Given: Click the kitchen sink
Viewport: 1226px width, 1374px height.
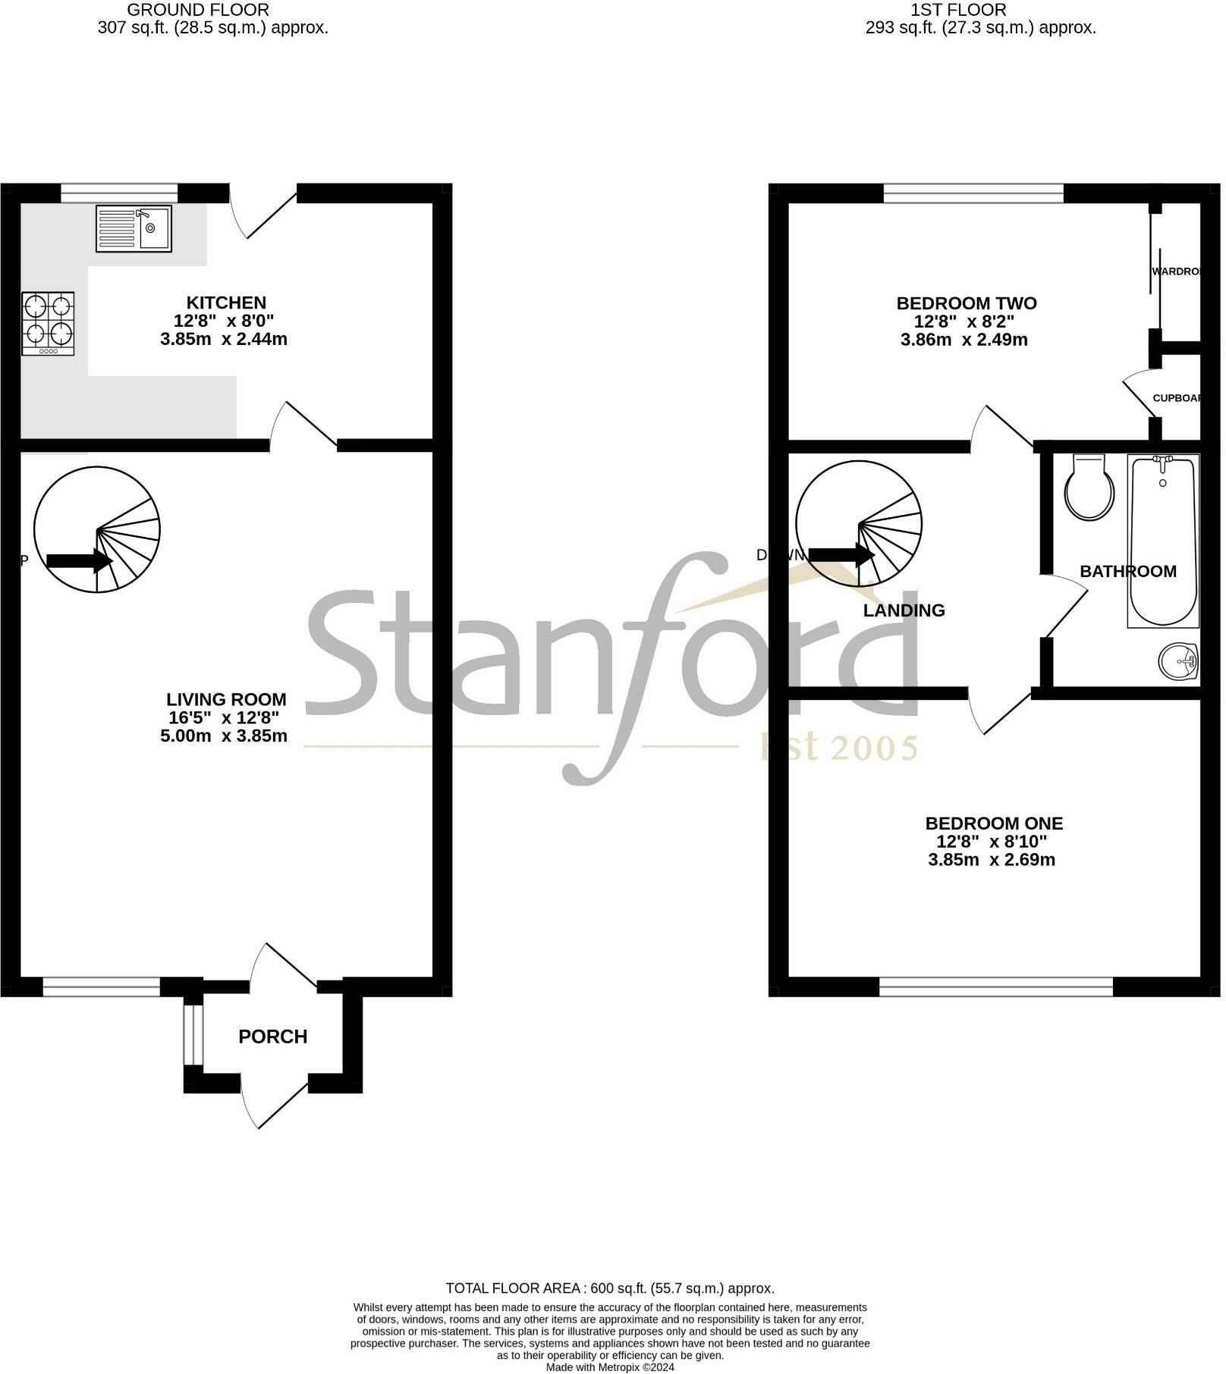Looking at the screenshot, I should (x=134, y=228).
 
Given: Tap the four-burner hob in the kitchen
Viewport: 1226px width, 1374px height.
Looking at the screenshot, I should (x=49, y=324).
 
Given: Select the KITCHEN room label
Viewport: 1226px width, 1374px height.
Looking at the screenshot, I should (x=226, y=303).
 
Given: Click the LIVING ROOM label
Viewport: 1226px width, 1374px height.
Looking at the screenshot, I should (x=226, y=700).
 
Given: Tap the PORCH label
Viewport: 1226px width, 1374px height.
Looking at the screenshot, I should (x=273, y=1037).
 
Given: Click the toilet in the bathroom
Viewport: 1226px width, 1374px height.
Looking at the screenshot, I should (x=1089, y=489).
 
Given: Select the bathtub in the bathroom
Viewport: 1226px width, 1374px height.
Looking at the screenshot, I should (x=1162, y=541).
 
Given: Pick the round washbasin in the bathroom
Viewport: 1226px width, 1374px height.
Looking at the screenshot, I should (x=1178, y=663).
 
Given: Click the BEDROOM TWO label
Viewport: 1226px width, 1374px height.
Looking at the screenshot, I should (x=967, y=303).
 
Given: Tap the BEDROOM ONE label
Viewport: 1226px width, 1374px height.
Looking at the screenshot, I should (x=994, y=823).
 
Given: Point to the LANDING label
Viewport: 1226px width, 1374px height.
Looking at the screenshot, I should (x=904, y=610).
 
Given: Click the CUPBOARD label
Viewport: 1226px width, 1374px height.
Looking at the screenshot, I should (x=1177, y=398).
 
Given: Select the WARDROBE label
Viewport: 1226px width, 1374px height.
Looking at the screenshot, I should (x=1176, y=271).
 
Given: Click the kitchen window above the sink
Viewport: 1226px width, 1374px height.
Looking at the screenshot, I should (x=119, y=193).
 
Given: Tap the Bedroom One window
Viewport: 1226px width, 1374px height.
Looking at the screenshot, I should (x=995, y=987).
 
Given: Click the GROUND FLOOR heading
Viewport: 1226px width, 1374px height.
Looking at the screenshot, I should (x=198, y=10).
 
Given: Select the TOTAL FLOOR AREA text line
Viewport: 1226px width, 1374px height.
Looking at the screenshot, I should (x=609, y=1288).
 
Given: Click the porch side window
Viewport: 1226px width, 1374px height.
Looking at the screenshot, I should (x=193, y=1035).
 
